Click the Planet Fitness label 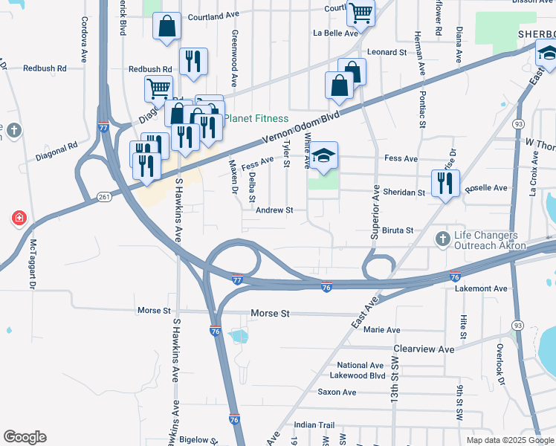(256, 118)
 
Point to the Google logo (25, 437)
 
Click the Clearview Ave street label (424, 349)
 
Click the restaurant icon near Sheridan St (445, 184)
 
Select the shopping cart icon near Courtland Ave (361, 12)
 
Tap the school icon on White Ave (323, 156)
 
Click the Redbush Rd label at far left (45, 68)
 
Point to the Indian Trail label (314, 424)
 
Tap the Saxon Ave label (338, 392)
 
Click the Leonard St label (387, 52)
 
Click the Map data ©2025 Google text (510, 440)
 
